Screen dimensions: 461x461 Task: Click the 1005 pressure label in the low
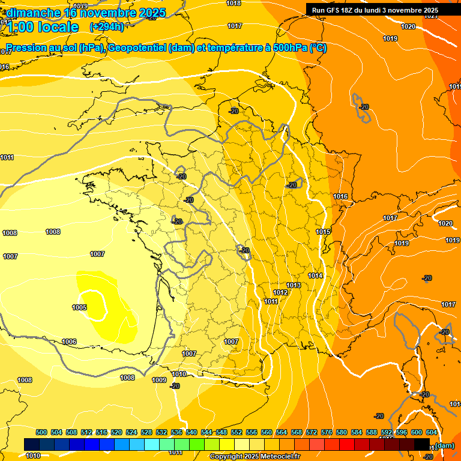tap(79, 307)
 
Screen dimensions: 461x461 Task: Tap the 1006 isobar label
tap(69, 342)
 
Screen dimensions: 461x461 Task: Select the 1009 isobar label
tap(158, 380)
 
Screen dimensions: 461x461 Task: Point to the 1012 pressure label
tap(280, 292)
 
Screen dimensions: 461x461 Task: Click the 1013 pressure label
tap(294, 285)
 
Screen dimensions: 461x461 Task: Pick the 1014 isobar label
tap(315, 276)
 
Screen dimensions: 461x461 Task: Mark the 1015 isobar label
tap(323, 232)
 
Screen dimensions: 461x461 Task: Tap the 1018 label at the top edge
tap(234, 4)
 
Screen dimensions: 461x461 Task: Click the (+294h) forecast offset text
tap(107, 27)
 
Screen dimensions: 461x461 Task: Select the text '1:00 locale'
tap(43, 27)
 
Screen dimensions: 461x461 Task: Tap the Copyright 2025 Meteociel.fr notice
tap(255, 457)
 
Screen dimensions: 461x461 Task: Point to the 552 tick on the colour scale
tap(237, 432)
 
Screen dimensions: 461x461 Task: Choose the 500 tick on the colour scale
tap(41, 432)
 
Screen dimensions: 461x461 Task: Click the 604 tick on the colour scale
tap(432, 432)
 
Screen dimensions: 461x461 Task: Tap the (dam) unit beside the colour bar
tap(445, 445)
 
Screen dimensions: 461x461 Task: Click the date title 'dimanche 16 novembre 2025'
tap(79, 12)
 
